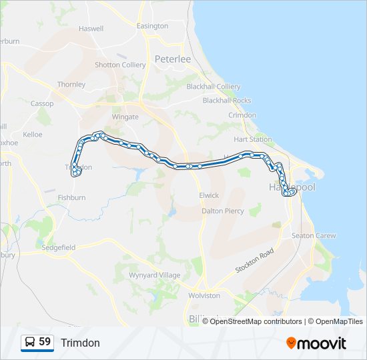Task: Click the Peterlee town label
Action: (173, 59)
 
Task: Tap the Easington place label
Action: (152, 26)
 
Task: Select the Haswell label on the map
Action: (91, 29)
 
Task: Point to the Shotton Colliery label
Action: (120, 65)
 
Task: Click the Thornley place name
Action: (71, 85)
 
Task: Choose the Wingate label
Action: (125, 117)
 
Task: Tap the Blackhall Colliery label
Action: (214, 87)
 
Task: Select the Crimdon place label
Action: (242, 115)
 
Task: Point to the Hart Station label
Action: (253, 139)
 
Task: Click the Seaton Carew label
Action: (314, 235)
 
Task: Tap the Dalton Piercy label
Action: (223, 211)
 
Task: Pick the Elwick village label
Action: (208, 195)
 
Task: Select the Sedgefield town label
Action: (59, 247)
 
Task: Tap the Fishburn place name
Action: (71, 197)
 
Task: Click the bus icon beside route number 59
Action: (30, 342)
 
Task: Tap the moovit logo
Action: (316, 343)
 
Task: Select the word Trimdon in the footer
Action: (80, 343)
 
